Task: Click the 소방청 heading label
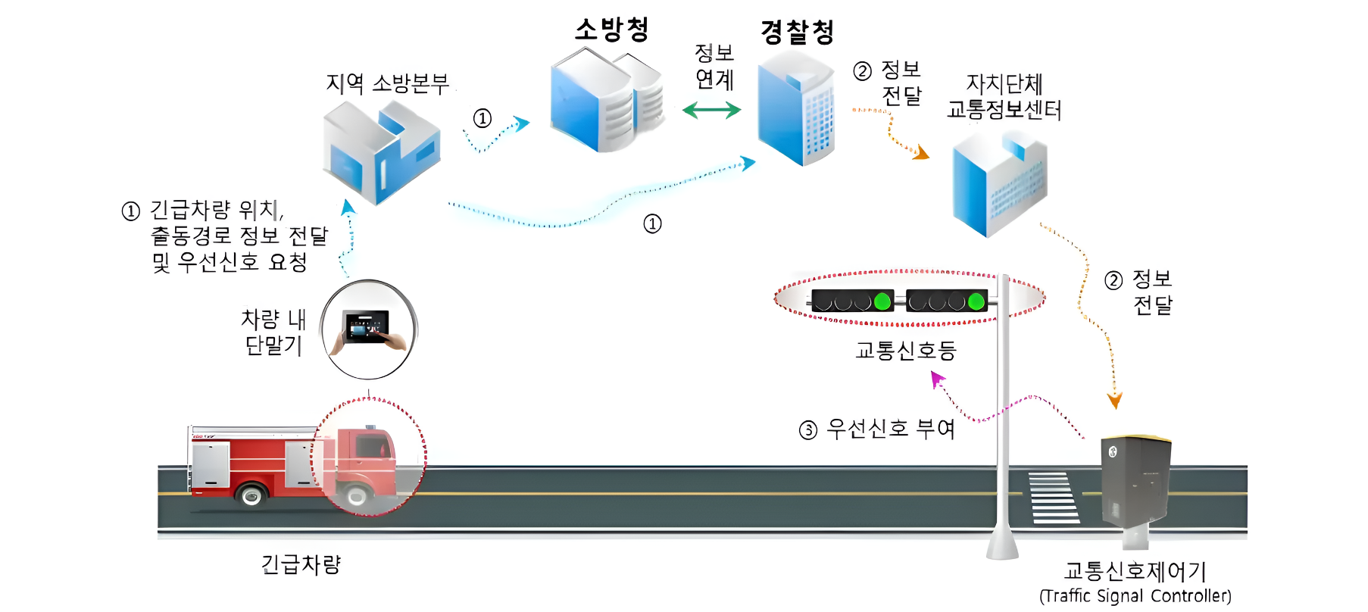click(x=612, y=30)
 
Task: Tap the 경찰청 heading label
click(x=797, y=32)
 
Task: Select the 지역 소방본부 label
click(x=387, y=83)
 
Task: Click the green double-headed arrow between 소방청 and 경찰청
click(x=711, y=111)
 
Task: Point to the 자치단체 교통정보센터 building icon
click(x=999, y=186)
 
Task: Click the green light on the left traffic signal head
click(x=882, y=301)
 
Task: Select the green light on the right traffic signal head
click(x=976, y=301)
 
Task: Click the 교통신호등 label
click(x=905, y=351)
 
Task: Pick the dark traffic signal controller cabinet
click(x=1135, y=481)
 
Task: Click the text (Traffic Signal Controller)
click(x=1135, y=596)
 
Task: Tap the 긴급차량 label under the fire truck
click(x=301, y=564)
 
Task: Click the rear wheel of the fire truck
click(x=251, y=496)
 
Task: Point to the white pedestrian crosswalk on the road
click(x=1053, y=498)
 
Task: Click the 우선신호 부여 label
click(x=890, y=429)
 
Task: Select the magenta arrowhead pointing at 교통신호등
click(x=938, y=378)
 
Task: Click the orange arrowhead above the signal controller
click(x=1114, y=401)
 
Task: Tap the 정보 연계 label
click(x=714, y=66)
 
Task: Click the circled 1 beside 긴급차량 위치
click(x=131, y=211)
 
